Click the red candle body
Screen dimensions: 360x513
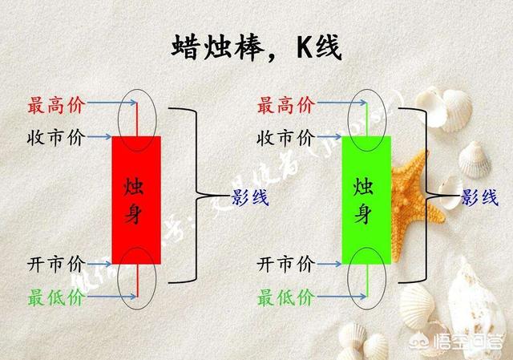[x=136, y=200]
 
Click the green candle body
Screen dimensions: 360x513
[x=366, y=200]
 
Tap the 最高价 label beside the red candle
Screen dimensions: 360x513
[x=57, y=104]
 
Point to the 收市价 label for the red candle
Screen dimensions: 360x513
[x=57, y=137]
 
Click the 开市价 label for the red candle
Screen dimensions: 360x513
[x=57, y=264]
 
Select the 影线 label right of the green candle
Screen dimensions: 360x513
[x=479, y=196]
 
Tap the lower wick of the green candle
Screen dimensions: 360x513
[x=366, y=281]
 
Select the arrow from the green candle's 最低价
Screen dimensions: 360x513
[x=337, y=297]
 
